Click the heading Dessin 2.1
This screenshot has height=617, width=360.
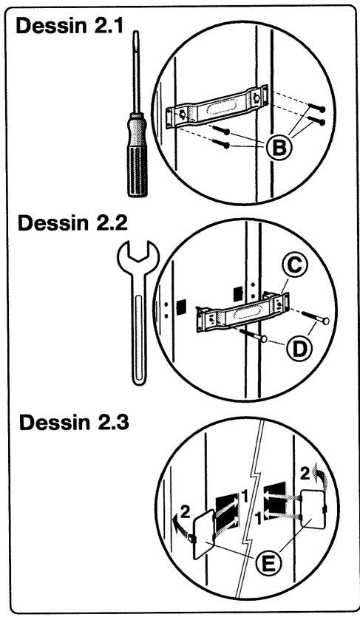(69, 27)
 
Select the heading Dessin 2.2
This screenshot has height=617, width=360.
(72, 223)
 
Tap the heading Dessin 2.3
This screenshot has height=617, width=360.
(74, 423)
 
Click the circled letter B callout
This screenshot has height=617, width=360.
(279, 149)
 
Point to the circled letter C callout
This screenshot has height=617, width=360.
(293, 265)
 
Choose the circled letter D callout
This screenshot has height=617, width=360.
(300, 349)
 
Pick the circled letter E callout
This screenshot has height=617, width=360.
(269, 565)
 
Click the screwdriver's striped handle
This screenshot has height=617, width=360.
(137, 154)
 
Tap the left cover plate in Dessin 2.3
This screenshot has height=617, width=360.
(204, 534)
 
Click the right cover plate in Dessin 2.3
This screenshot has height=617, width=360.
(313, 509)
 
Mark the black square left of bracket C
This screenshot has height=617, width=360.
(181, 307)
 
